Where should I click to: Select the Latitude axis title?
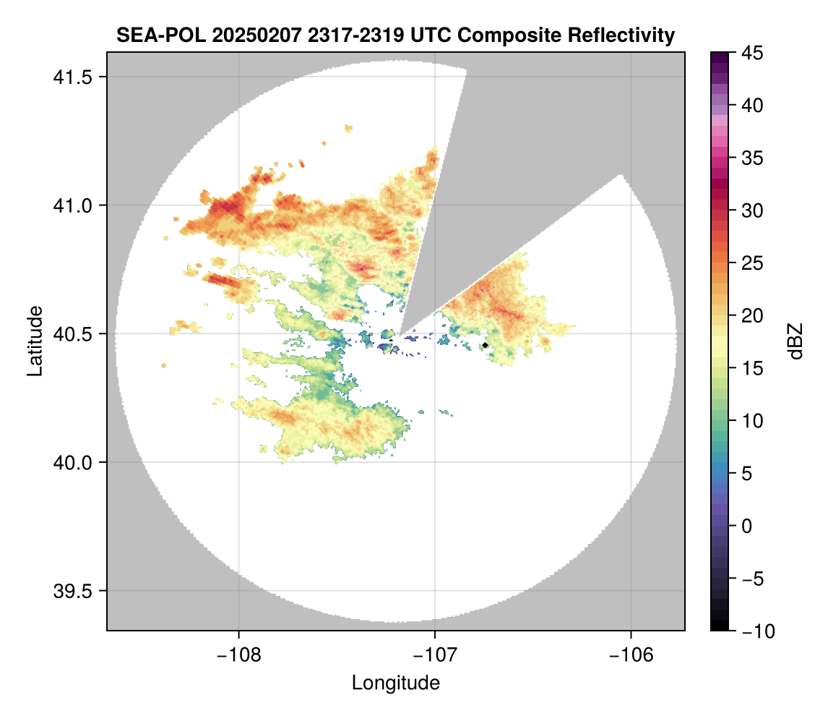click(x=34, y=341)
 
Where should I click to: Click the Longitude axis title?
click(x=395, y=683)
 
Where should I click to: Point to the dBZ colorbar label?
click(x=795, y=341)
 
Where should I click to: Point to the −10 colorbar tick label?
click(x=754, y=631)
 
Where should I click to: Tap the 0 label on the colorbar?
click(x=746, y=526)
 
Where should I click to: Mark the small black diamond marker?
click(x=485, y=345)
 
